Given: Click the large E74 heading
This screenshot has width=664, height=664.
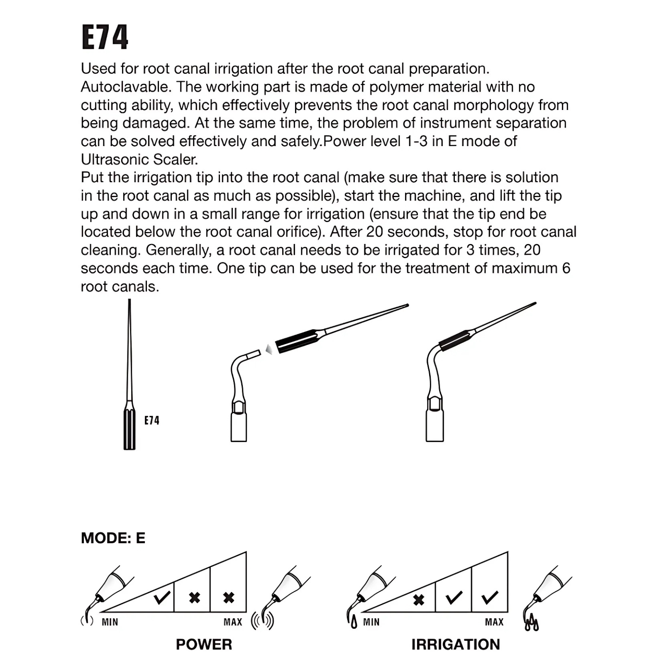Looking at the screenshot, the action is pyautogui.click(x=105, y=37).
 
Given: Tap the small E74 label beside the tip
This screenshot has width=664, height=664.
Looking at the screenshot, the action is pyautogui.click(x=152, y=420).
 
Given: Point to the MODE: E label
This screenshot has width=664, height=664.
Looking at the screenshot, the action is pyautogui.click(x=113, y=538).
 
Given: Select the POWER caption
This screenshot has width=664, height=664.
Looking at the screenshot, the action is pyautogui.click(x=204, y=644).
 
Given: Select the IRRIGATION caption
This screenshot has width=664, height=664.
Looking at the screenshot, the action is pyautogui.click(x=456, y=644).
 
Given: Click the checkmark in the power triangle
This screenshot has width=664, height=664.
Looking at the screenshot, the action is pyautogui.click(x=161, y=598).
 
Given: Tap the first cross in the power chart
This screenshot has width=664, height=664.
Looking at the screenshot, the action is pyautogui.click(x=194, y=598).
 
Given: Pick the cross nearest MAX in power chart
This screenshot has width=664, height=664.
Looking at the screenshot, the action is pyautogui.click(x=229, y=598).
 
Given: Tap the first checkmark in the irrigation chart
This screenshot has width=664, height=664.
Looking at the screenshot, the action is pyautogui.click(x=454, y=598).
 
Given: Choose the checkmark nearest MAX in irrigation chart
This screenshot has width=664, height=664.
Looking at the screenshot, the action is pyautogui.click(x=490, y=598).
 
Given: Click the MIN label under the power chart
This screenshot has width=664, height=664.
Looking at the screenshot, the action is pyautogui.click(x=110, y=622).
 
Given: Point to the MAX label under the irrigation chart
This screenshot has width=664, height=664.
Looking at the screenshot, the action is pyautogui.click(x=494, y=622).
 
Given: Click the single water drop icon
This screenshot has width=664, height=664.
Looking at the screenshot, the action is pyautogui.click(x=354, y=622).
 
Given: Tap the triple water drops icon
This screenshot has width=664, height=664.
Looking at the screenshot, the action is pyautogui.click(x=532, y=624).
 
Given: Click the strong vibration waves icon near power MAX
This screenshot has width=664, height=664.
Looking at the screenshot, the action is pyautogui.click(x=263, y=621).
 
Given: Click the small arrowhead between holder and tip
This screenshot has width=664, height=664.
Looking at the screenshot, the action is pyautogui.click(x=269, y=349).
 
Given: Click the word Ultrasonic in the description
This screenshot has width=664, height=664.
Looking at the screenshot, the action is pyautogui.click(x=115, y=160).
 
